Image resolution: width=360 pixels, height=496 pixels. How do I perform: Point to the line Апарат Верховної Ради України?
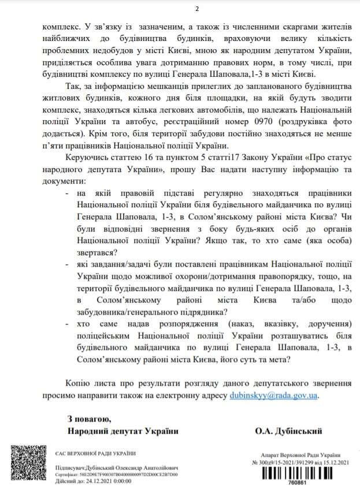tap(299, 455)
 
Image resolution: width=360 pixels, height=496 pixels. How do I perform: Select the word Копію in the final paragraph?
tap(79, 384)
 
